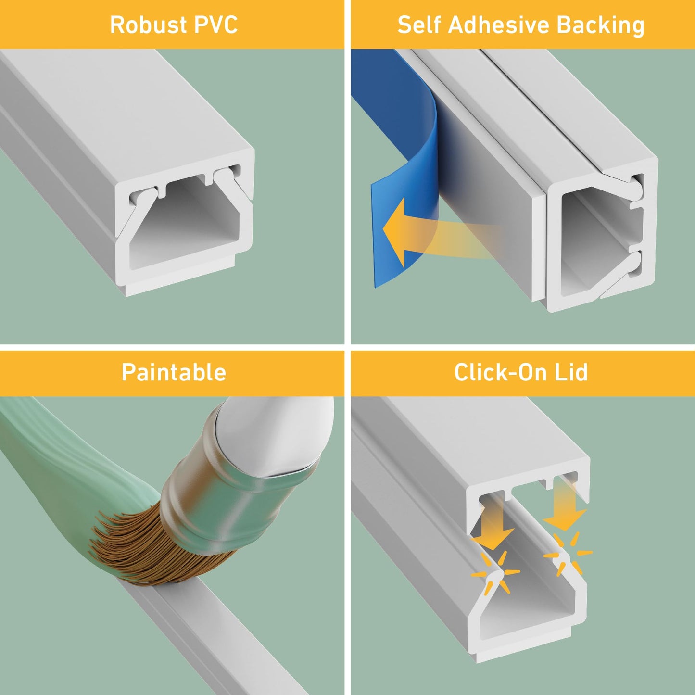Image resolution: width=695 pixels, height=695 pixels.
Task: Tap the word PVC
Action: [215, 25]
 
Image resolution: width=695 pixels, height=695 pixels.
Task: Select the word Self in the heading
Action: [419, 25]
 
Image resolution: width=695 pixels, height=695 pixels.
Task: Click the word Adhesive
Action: [498, 25]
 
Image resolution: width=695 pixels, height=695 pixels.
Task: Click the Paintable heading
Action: [174, 372]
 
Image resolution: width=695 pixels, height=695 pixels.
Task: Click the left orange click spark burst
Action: [495, 573]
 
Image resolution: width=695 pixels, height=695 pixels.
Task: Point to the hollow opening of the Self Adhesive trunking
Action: [595, 238]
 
